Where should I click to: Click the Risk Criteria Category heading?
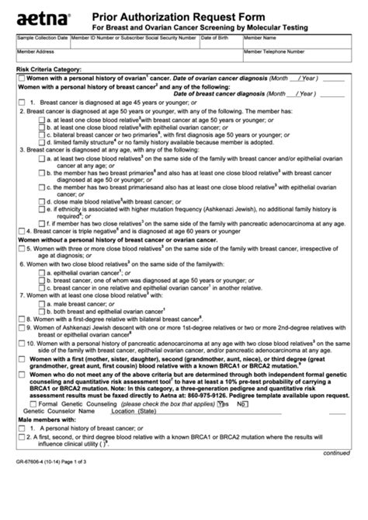(49, 70)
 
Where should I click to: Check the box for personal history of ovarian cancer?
(22, 79)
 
